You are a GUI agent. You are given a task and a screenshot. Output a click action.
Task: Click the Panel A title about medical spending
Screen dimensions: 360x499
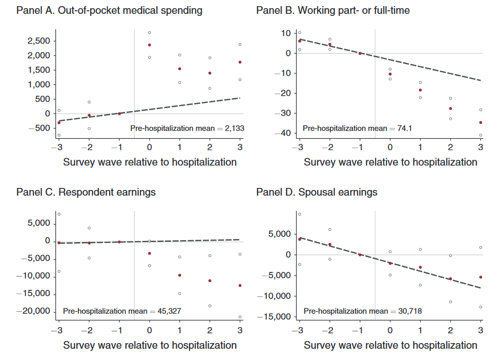tap(109, 10)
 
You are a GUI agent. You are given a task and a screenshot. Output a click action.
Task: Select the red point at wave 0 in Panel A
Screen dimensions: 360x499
tap(149, 45)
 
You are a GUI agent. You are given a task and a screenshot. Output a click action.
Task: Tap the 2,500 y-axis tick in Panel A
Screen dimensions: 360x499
tap(38, 41)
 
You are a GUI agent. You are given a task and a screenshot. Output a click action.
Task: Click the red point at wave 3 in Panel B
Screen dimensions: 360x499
tap(481, 122)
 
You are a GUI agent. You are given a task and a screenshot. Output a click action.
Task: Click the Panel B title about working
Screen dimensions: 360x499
tap(333, 10)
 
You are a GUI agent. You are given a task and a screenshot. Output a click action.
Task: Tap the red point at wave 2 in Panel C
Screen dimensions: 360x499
tap(210, 281)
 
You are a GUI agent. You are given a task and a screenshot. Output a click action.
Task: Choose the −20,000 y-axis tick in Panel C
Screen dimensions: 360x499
tap(33, 311)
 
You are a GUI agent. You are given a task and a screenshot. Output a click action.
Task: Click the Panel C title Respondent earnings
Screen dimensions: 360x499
tap(86, 193)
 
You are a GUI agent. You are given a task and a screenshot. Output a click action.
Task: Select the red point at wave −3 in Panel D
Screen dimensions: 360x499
tap(300, 239)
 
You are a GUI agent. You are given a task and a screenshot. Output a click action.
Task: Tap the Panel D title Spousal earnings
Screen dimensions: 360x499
tap(317, 193)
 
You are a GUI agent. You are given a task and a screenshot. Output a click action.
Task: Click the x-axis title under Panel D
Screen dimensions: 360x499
tap(390, 345)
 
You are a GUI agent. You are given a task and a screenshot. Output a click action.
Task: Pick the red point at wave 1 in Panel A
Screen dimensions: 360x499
tap(179, 69)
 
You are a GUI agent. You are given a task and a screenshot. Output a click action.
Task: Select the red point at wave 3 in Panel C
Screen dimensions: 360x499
tap(240, 286)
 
